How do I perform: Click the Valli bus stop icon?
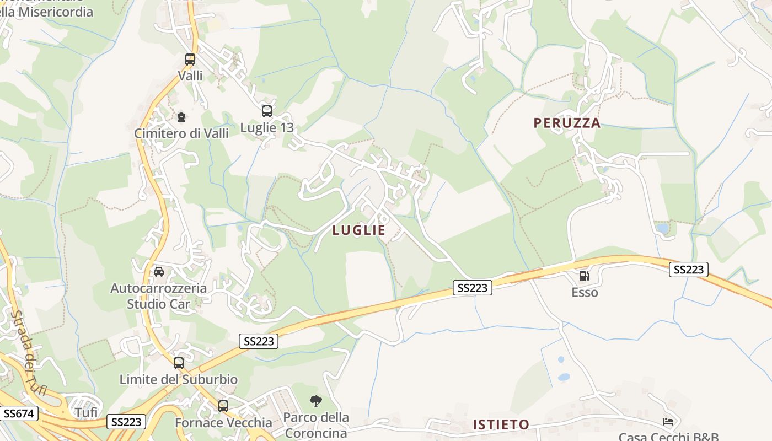tap(190, 59)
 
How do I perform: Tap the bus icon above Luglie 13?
tap(267, 111)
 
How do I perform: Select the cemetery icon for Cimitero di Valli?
tap(181, 117)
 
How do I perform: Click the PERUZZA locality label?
tap(567, 123)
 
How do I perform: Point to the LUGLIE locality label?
tap(359, 230)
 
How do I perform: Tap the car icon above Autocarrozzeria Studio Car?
tap(159, 271)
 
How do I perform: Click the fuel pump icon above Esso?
tap(584, 276)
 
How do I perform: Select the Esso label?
tap(585, 292)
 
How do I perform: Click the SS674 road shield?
tap(19, 413)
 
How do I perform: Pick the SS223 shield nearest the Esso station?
tap(689, 270)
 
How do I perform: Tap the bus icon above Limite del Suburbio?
tap(179, 363)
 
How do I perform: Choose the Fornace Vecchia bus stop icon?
tap(223, 406)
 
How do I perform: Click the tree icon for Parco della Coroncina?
tap(316, 401)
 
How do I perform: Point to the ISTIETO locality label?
tap(501, 424)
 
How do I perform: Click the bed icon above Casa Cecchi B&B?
tap(668, 422)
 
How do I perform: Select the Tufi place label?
tap(86, 412)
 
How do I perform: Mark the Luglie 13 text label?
tap(267, 128)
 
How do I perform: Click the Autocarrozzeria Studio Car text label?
tap(159, 295)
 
